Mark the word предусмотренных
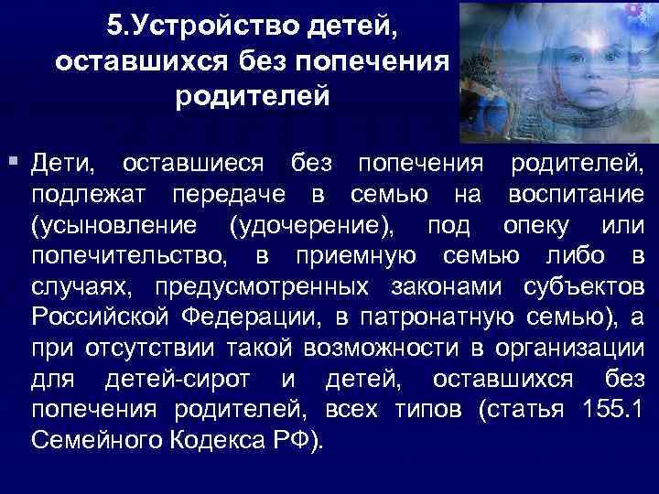pos(261,285)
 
